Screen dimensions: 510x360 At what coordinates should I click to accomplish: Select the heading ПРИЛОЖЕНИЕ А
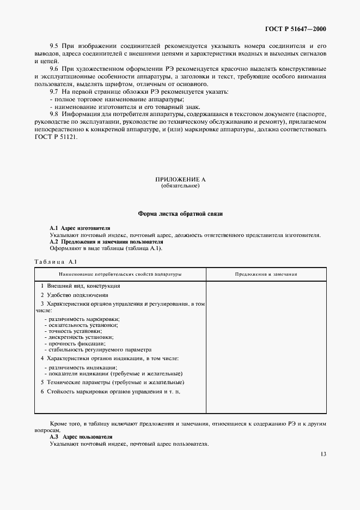[180, 179]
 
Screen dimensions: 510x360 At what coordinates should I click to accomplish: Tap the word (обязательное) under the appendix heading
[180, 186]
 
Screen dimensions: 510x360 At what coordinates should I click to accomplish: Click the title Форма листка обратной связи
[180, 214]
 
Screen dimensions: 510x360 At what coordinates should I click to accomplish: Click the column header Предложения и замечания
[266, 274]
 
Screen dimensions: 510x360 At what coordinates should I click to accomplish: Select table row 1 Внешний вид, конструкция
[80, 286]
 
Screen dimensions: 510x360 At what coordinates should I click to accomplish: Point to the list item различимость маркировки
[82, 319]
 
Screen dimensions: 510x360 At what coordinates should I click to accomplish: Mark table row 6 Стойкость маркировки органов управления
[114, 392]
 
